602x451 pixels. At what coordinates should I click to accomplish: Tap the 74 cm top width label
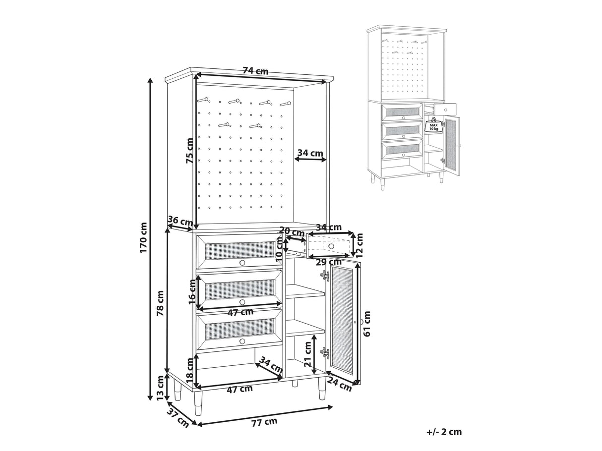[x=255, y=71]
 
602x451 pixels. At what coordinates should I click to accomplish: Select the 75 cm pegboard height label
[x=189, y=151]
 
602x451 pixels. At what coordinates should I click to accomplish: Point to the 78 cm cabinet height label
[x=160, y=303]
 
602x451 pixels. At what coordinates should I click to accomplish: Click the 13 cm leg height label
[x=160, y=388]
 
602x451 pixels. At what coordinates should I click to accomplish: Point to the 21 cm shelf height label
[x=308, y=354]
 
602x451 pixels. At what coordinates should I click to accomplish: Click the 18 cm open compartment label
[x=189, y=371]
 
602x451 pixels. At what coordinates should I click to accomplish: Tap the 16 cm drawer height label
[x=192, y=291]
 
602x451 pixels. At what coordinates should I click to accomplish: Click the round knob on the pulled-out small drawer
[x=331, y=246]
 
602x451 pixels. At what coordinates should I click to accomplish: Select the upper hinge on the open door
[x=325, y=276]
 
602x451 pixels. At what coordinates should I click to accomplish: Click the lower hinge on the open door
[x=325, y=353]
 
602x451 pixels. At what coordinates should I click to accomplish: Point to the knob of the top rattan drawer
[x=242, y=263]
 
